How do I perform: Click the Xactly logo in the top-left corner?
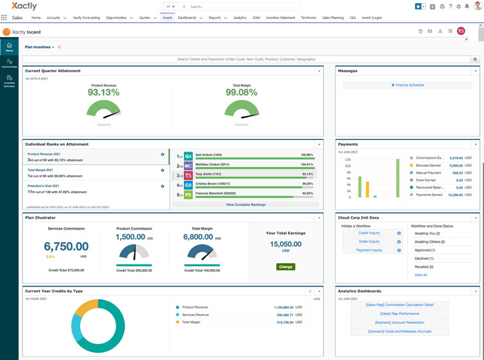click(x=20, y=6)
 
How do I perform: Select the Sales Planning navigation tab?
click(x=334, y=18)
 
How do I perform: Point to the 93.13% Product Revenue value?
click(x=103, y=92)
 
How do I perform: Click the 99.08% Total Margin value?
click(x=241, y=92)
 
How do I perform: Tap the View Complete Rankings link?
click(x=246, y=205)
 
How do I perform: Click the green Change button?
click(x=285, y=266)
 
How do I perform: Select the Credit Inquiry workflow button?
click(x=368, y=233)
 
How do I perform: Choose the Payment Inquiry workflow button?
click(x=368, y=250)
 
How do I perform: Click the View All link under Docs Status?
click(x=421, y=275)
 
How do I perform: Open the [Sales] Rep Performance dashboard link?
click(x=399, y=314)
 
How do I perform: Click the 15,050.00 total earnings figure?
click(x=285, y=245)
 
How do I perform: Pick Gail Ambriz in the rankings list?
click(x=208, y=155)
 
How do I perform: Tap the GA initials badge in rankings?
click(x=188, y=156)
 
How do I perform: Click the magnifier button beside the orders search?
click(x=476, y=59)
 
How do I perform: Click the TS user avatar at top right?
click(x=461, y=31)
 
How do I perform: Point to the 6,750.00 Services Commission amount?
click(x=66, y=246)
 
